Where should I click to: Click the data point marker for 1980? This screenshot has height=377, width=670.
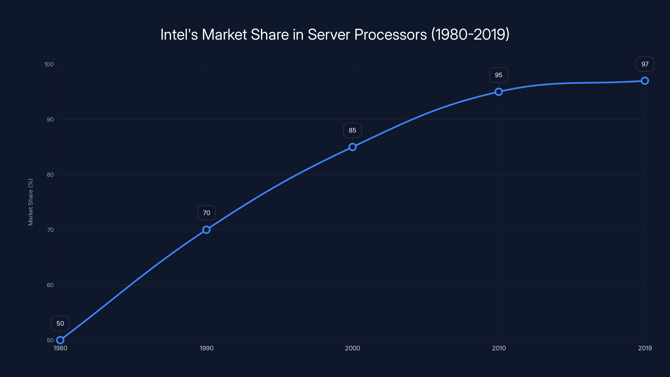(60, 340)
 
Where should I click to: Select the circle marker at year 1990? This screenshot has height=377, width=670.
(206, 230)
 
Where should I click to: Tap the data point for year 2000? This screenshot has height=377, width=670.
(352, 147)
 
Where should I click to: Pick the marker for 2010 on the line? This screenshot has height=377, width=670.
(499, 92)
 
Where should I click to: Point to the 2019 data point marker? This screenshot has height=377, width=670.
(645, 81)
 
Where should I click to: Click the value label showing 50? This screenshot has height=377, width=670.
(60, 323)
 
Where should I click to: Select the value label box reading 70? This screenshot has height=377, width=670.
(206, 213)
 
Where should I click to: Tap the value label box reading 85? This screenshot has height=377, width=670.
(352, 130)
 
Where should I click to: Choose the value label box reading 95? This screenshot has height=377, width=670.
(499, 75)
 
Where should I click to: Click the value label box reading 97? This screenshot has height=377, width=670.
(645, 64)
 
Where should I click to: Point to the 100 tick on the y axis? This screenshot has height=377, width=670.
(49, 64)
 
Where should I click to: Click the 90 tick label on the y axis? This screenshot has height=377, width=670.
(50, 119)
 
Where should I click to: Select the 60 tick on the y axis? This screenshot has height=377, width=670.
(50, 285)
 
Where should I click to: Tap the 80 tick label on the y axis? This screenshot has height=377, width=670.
(50, 175)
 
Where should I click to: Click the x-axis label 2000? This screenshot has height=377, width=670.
(352, 348)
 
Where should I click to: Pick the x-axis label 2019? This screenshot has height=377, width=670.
(645, 348)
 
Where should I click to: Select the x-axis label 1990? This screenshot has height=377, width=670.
(206, 348)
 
